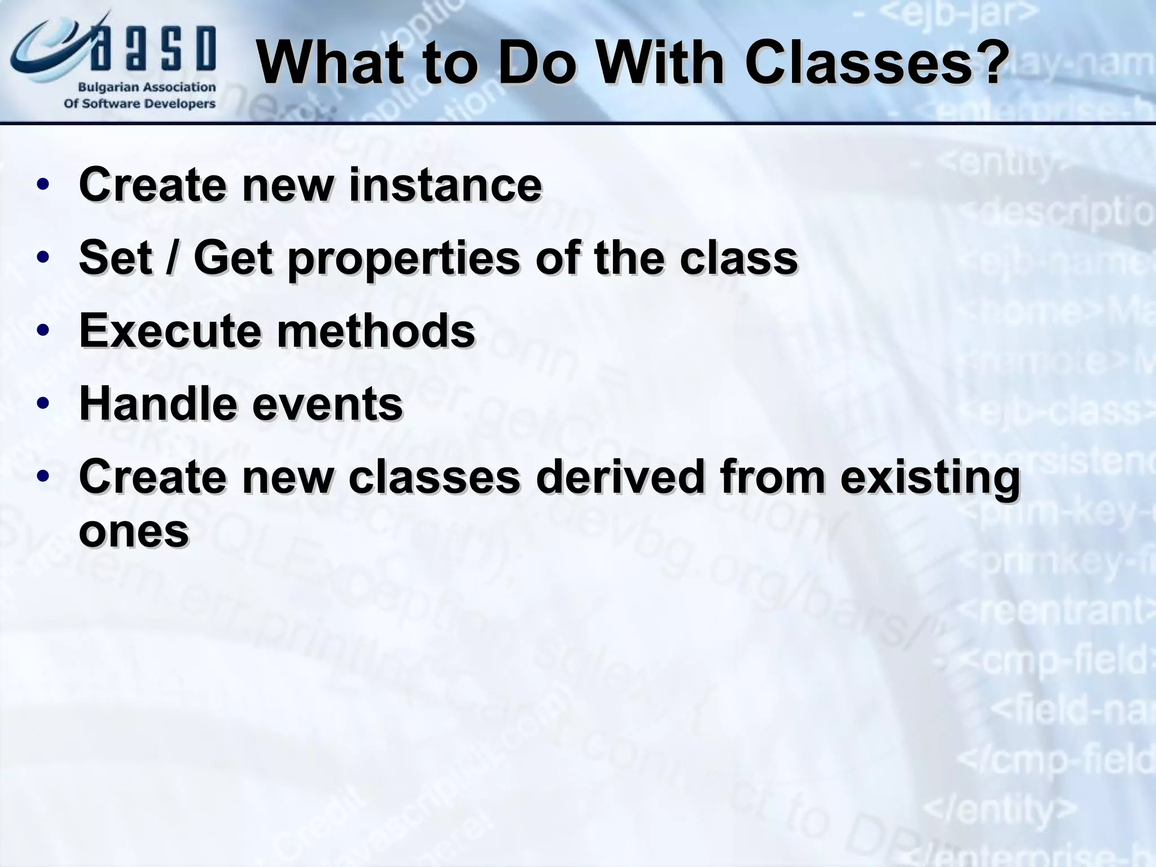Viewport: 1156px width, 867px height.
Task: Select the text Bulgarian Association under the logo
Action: (x=147, y=87)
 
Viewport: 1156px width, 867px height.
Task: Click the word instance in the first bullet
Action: (x=445, y=185)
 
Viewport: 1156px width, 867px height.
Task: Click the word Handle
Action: (x=158, y=404)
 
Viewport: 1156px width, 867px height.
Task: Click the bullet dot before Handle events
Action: (x=43, y=404)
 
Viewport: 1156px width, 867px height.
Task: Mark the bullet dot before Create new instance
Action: (x=43, y=185)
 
